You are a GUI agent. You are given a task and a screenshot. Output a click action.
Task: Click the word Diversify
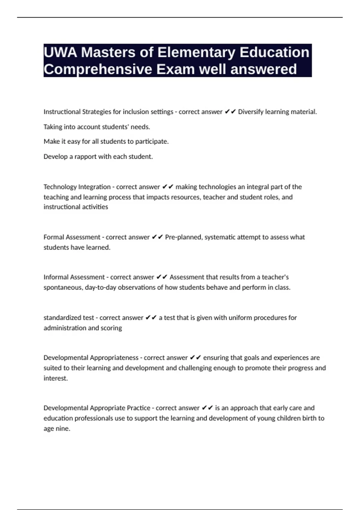point(251,112)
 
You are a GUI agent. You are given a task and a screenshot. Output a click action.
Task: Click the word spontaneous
point(63,287)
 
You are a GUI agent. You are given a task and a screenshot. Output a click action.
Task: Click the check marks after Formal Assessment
point(157,237)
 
